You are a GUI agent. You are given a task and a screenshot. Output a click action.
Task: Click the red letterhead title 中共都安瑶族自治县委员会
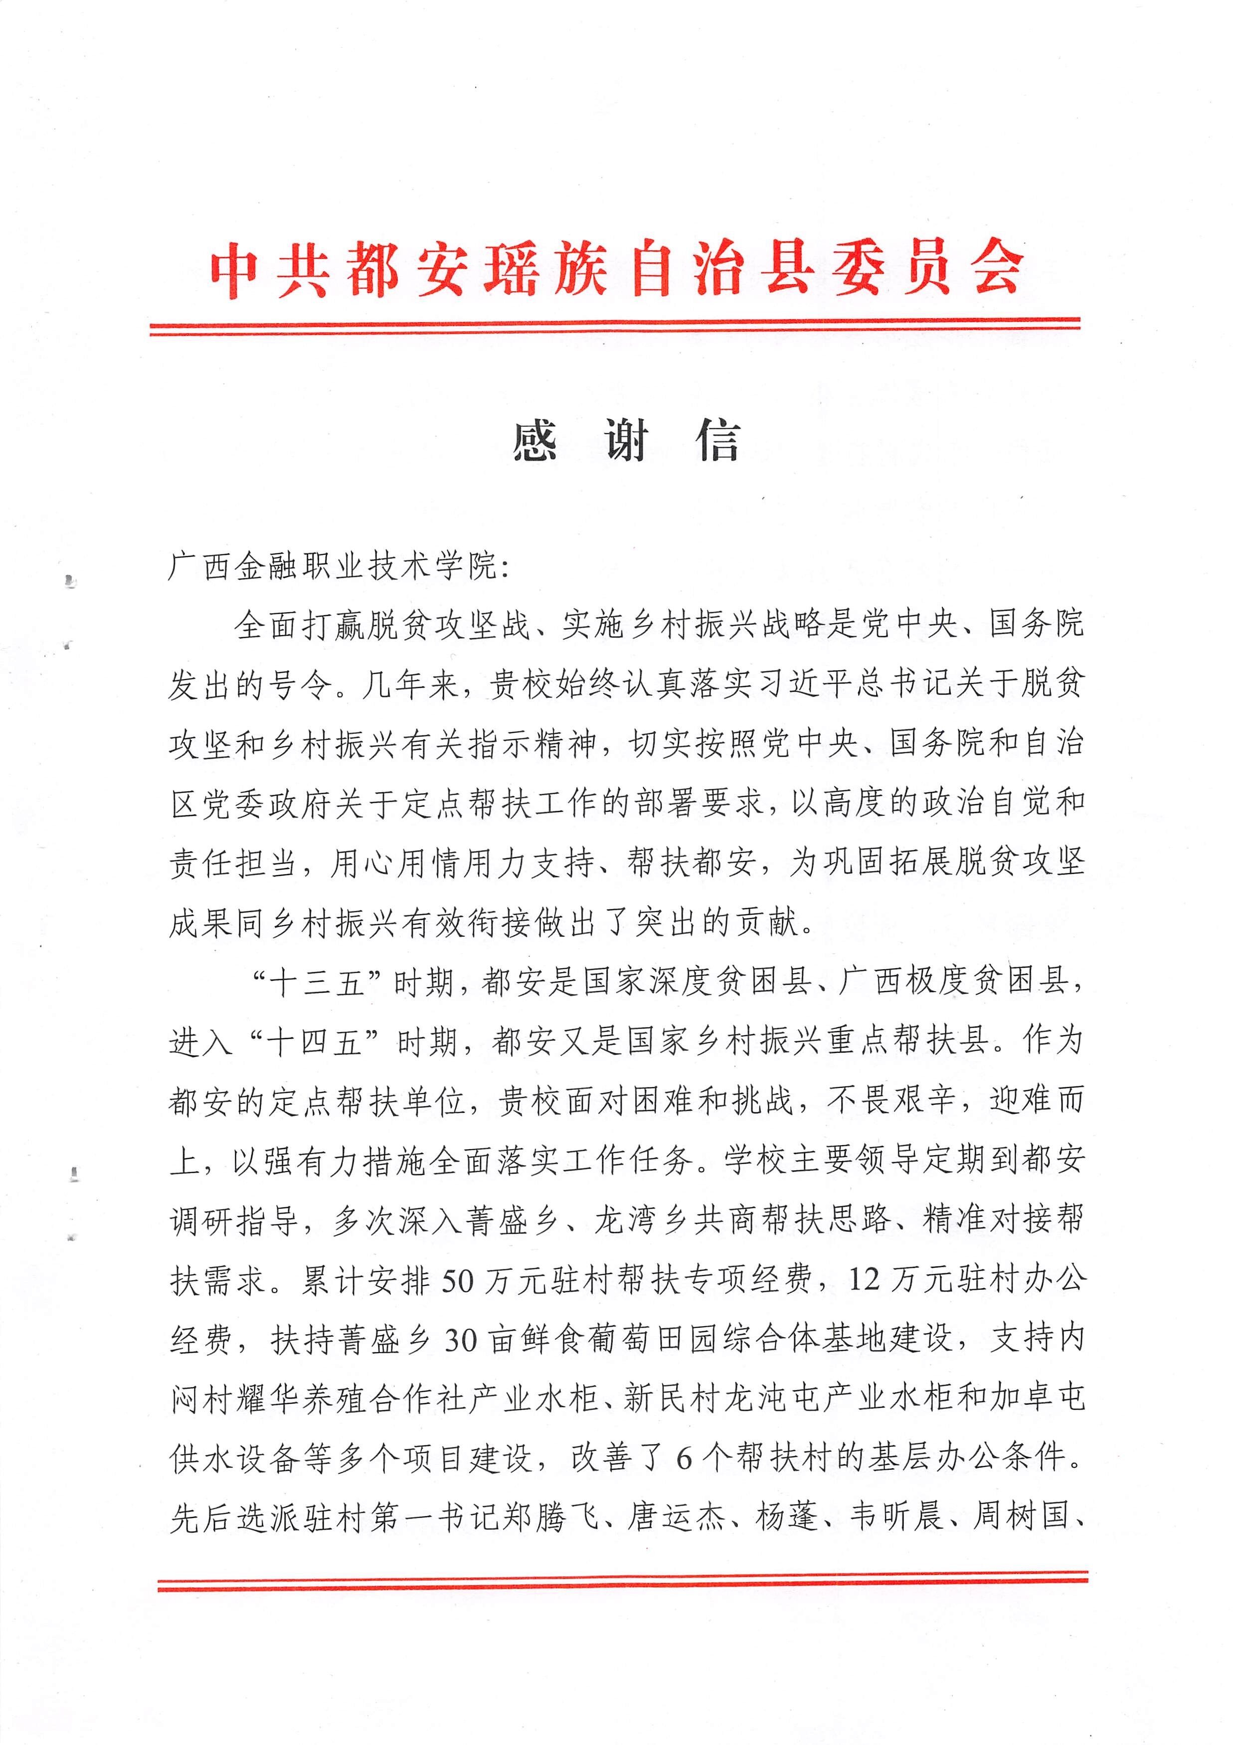coord(616,270)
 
